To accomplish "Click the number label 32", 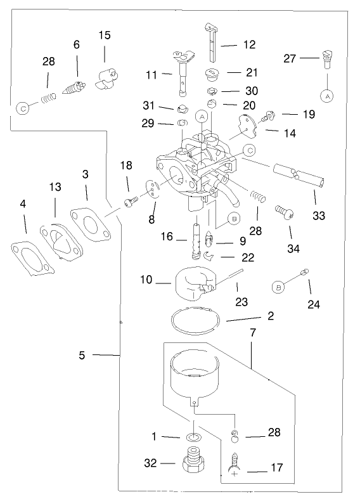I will pyautogui.click(x=150, y=463).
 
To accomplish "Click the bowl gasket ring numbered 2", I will pyautogui.click(x=196, y=318).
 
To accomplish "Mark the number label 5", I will pyautogui.click(x=82, y=355).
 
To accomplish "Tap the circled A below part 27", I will pyautogui.click(x=327, y=96).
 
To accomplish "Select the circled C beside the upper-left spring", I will pyautogui.click(x=23, y=108).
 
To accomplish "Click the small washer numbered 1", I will pyautogui.click(x=193, y=437).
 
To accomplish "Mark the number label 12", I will pyautogui.click(x=248, y=45).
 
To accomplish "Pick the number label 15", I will pyautogui.click(x=105, y=34).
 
